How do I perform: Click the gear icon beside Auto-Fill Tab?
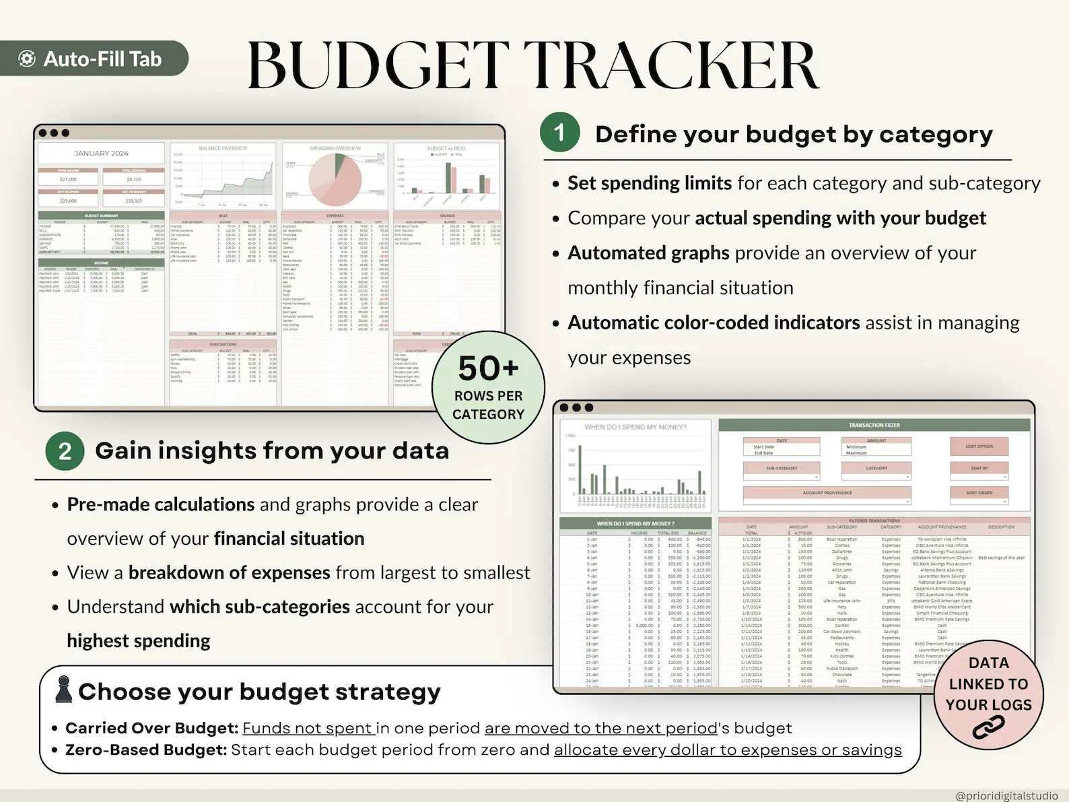(27, 59)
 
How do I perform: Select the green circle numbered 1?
(559, 132)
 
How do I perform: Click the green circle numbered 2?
(65, 450)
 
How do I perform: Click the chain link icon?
(988, 728)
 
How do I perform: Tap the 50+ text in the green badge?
(488, 368)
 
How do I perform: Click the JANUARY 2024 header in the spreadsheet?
(101, 154)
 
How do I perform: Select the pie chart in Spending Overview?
(335, 180)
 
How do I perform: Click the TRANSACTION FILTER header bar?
(874, 425)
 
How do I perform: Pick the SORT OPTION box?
(979, 446)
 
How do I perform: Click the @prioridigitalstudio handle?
(1006, 796)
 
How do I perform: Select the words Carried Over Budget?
(151, 728)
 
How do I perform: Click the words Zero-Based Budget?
(146, 750)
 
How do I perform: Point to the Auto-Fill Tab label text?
(102, 59)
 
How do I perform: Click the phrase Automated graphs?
(648, 253)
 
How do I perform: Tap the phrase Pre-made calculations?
(161, 504)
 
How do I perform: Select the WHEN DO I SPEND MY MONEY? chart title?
(635, 427)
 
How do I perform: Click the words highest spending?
(139, 640)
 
